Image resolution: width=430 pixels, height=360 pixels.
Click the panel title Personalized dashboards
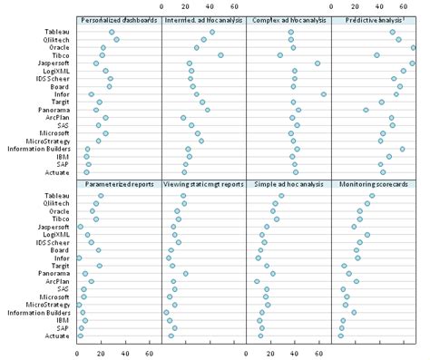pyautogui.click(x=119, y=19)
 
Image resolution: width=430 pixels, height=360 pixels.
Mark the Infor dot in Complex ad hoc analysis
pyautogui.click(x=324, y=94)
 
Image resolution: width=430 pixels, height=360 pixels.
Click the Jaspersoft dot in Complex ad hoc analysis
pyautogui.click(x=318, y=63)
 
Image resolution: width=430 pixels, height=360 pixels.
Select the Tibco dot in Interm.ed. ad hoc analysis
pyautogui.click(x=220, y=55)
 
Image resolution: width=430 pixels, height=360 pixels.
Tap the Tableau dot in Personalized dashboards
pyautogui.click(x=112, y=32)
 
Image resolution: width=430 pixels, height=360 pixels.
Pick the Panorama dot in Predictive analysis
pyautogui.click(x=366, y=110)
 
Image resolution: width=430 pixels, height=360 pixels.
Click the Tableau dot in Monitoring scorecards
pyautogui.click(x=371, y=196)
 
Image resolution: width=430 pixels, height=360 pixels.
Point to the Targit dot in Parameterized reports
pyautogui.click(x=99, y=266)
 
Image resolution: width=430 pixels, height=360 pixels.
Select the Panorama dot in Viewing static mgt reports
pyautogui.click(x=185, y=273)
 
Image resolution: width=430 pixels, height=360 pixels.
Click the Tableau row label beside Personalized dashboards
pyautogui.click(x=60, y=32)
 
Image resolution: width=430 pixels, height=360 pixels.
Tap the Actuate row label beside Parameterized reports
pyautogui.click(x=60, y=336)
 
